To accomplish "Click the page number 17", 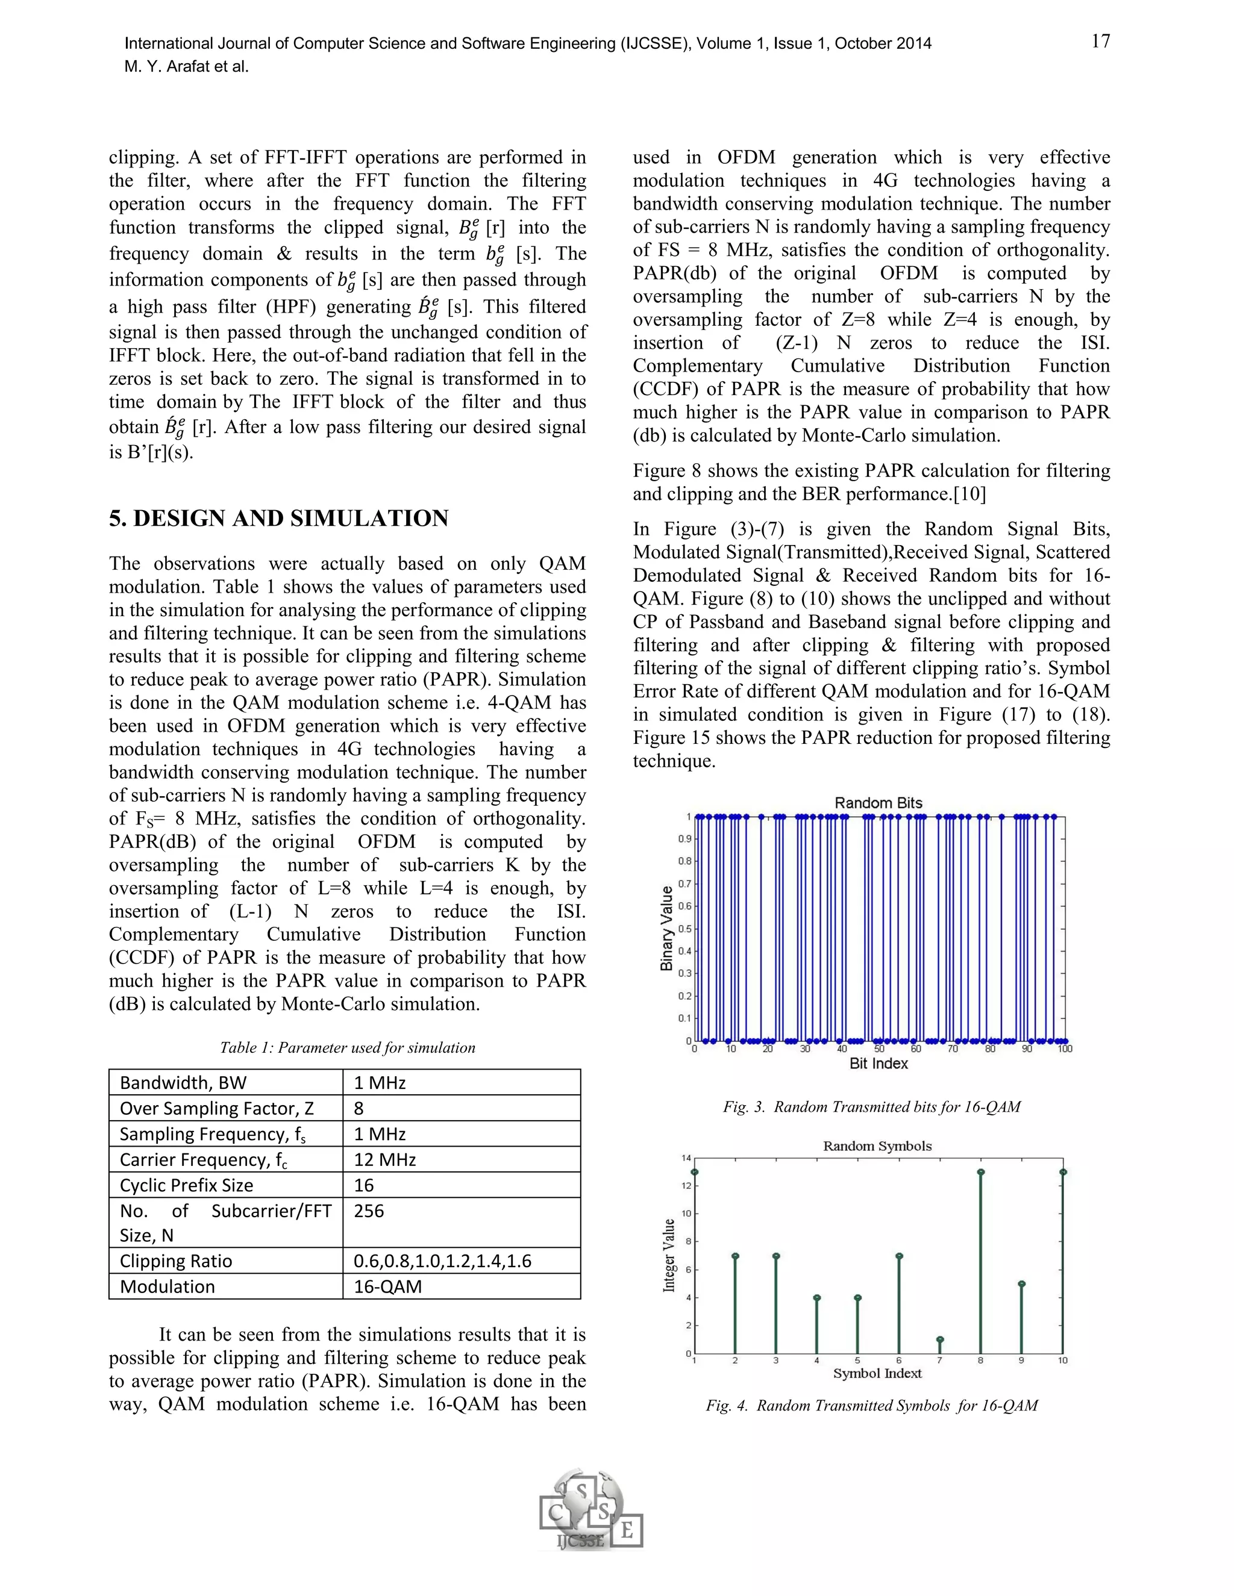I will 1100,42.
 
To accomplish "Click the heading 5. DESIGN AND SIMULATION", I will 278,518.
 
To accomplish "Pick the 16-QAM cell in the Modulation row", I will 387,1286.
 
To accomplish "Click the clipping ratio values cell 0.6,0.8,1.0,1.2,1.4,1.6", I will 442,1261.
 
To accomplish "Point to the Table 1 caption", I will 347,1047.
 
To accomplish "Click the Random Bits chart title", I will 878,802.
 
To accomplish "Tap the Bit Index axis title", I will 878,1063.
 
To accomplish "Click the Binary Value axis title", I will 667,928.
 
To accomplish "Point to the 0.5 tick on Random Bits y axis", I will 685,929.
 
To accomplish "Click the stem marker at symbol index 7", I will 939,1339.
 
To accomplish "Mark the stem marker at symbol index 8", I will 980,1172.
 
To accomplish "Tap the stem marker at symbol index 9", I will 1021,1284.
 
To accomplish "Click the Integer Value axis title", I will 669,1256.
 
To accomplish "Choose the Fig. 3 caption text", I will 871,1106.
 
